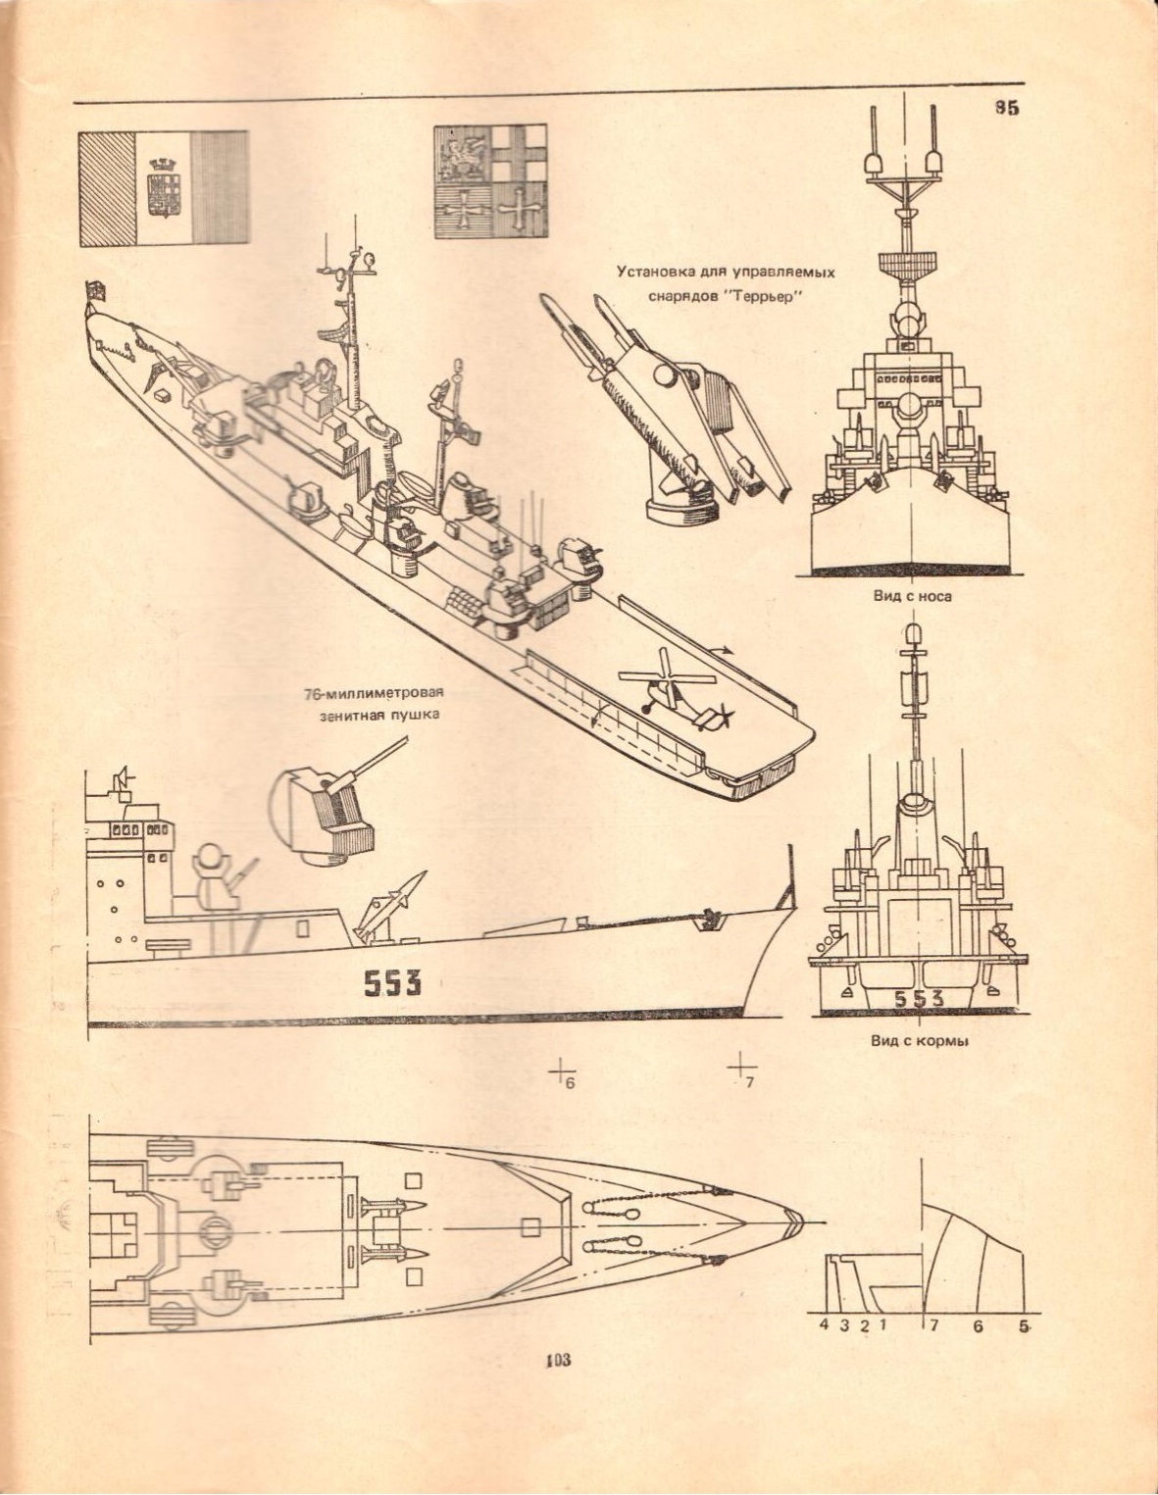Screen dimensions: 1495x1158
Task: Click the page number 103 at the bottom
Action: click(x=560, y=1360)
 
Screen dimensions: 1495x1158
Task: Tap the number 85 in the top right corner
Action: click(x=1007, y=108)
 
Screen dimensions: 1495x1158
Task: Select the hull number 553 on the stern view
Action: click(x=919, y=999)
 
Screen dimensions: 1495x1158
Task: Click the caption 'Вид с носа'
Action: click(x=912, y=595)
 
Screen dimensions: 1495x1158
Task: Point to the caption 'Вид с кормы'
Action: click(x=920, y=1041)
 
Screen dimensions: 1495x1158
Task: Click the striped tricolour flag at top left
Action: click(x=163, y=187)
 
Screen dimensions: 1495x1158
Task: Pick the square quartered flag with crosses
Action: click(x=490, y=181)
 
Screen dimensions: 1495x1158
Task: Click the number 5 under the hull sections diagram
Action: click(x=1025, y=1326)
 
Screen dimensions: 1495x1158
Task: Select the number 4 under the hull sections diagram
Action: click(x=824, y=1326)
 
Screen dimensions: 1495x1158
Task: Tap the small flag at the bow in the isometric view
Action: click(x=96, y=289)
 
